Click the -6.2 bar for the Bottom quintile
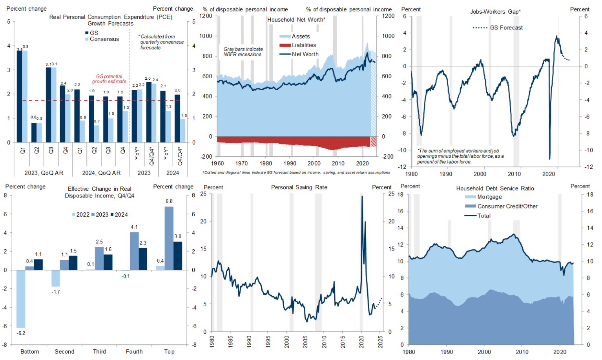[x=21, y=298]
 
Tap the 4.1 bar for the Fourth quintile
[x=134, y=251]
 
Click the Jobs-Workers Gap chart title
[x=495, y=12]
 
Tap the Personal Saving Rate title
[x=299, y=187]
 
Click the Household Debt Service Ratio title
[x=495, y=188]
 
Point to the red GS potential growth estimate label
[x=109, y=79]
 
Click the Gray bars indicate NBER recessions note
[x=243, y=52]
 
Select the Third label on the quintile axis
[x=99, y=351]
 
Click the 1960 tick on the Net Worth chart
[x=217, y=163]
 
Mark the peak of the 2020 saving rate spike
[x=362, y=196]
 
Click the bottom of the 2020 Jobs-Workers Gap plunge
[x=549, y=159]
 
